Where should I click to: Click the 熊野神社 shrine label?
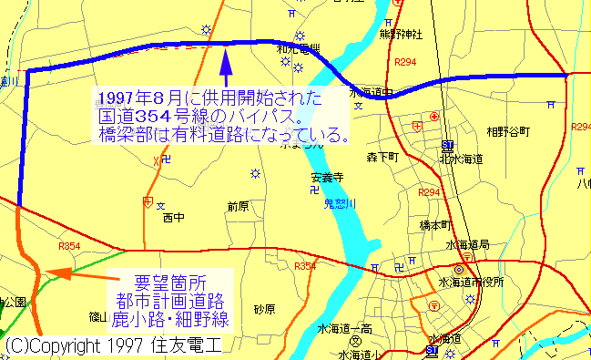point(401,35)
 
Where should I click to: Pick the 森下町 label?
point(384,158)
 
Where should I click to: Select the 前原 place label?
point(238,206)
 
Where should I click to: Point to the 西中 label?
point(172,219)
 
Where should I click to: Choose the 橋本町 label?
point(436,224)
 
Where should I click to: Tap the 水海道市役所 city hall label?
point(472,282)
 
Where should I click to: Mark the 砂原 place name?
point(264,309)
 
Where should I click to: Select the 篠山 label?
point(97,318)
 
